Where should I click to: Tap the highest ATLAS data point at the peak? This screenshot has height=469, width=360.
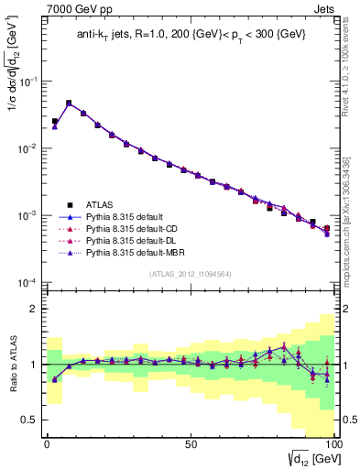[69, 104]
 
